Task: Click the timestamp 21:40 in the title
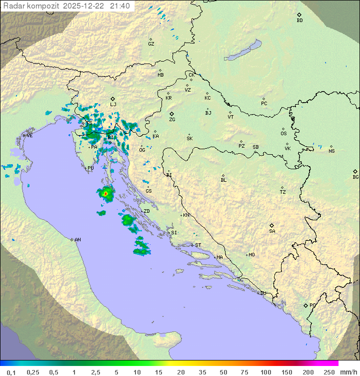(120, 6)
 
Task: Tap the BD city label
(299, 21)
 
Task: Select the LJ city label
(113, 104)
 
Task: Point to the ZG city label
(172, 120)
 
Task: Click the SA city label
(272, 231)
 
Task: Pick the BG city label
(355, 177)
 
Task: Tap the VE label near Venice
(29, 135)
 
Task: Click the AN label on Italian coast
(77, 240)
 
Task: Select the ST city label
(198, 245)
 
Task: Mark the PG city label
(312, 305)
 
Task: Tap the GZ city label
(151, 44)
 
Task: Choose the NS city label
(331, 151)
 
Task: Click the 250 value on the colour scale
(329, 372)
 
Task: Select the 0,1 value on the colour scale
(11, 372)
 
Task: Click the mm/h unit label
(348, 372)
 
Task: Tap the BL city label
(223, 180)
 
